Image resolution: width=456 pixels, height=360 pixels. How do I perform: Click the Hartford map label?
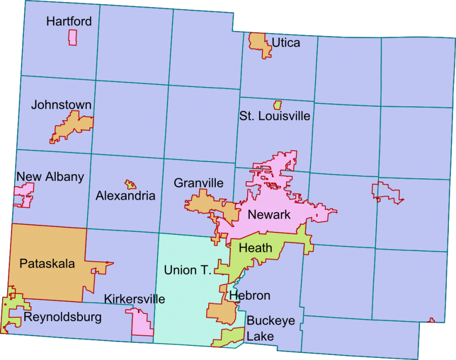[x=69, y=21]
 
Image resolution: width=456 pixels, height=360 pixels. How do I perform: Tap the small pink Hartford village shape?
[x=72, y=37]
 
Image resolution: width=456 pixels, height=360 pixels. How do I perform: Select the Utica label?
[x=286, y=43]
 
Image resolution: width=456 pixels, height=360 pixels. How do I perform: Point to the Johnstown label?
[x=61, y=105]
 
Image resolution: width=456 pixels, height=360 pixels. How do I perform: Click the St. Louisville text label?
[x=275, y=116]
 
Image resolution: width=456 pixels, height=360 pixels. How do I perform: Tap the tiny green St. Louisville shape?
[x=277, y=105]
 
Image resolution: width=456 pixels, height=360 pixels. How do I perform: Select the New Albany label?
[x=50, y=177]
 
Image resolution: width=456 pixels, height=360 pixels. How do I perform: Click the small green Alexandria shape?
[x=131, y=184]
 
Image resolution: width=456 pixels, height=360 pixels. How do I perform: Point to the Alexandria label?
[x=126, y=195]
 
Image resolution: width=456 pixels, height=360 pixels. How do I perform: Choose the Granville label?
[x=199, y=183]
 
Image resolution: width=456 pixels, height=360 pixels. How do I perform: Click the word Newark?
[x=269, y=215]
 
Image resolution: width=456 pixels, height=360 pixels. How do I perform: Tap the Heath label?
[x=255, y=249]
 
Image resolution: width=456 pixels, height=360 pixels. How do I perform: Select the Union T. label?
[x=187, y=270]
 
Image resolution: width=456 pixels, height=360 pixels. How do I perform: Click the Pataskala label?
[x=47, y=263]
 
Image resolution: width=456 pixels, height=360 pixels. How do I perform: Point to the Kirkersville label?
[x=134, y=299]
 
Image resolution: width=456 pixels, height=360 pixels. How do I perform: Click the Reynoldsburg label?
[x=62, y=317]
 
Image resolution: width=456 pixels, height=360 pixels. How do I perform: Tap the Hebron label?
[x=250, y=296]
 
